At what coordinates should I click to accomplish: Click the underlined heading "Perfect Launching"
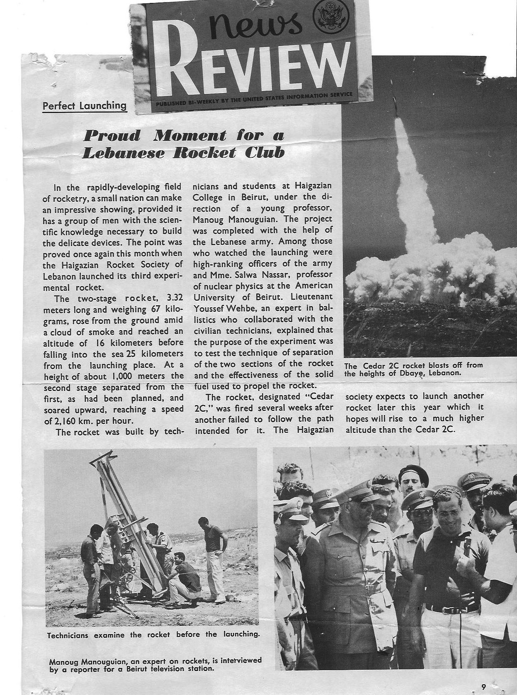pos(85,106)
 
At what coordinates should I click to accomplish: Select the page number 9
pos(483,675)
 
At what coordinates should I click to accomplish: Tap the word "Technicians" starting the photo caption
pos(68,635)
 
